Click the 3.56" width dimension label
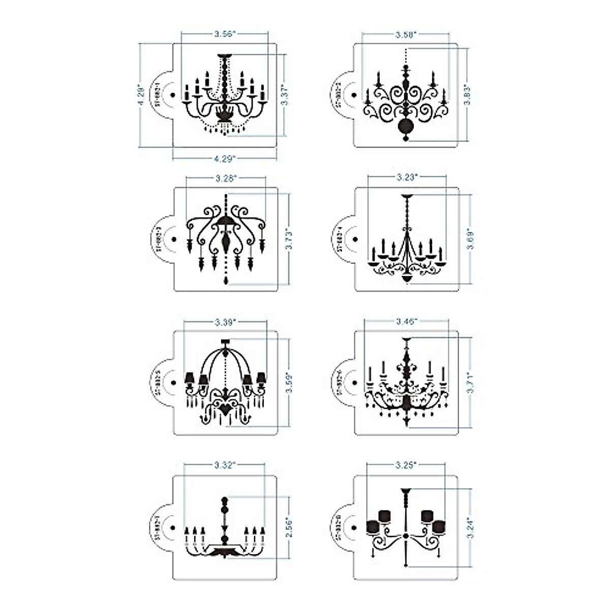coord(224,34)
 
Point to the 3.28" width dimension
coord(226,178)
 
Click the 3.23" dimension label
coord(407,177)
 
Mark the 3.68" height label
coord(471,239)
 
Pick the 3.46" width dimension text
coord(407,321)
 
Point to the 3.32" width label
coord(224,465)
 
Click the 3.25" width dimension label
coord(406,465)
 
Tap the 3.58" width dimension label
coord(406,34)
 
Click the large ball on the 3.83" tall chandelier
coord(406,126)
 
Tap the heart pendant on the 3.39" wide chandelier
coord(224,408)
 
